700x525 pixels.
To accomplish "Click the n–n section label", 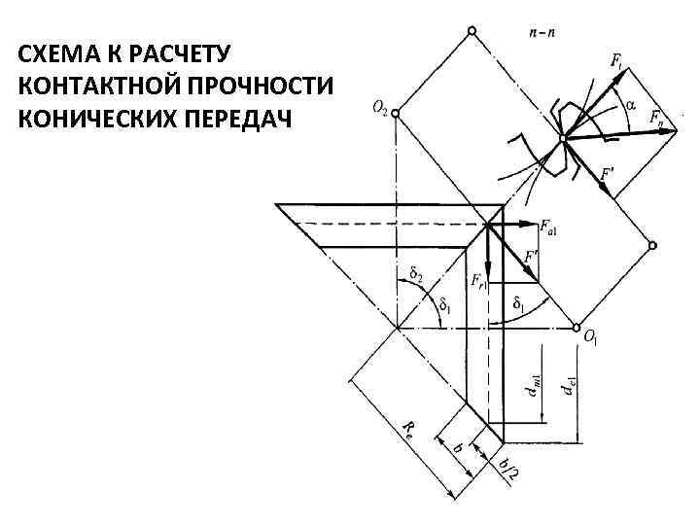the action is [x=542, y=32].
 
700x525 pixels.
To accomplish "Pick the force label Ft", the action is [x=618, y=61].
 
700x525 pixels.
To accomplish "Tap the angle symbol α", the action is [x=629, y=104].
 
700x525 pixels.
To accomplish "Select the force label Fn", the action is [x=662, y=122].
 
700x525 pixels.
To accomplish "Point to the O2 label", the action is [x=379, y=109].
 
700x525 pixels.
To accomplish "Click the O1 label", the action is [x=590, y=337].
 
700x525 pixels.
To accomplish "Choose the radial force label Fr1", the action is [x=478, y=280].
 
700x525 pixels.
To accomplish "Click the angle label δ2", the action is [x=415, y=275].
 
